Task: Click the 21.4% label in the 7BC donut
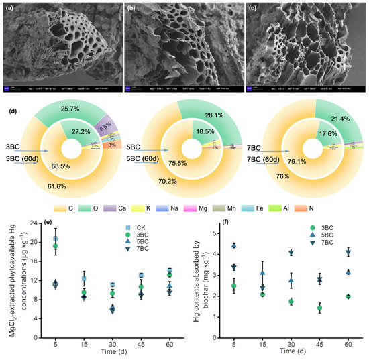(317, 119)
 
